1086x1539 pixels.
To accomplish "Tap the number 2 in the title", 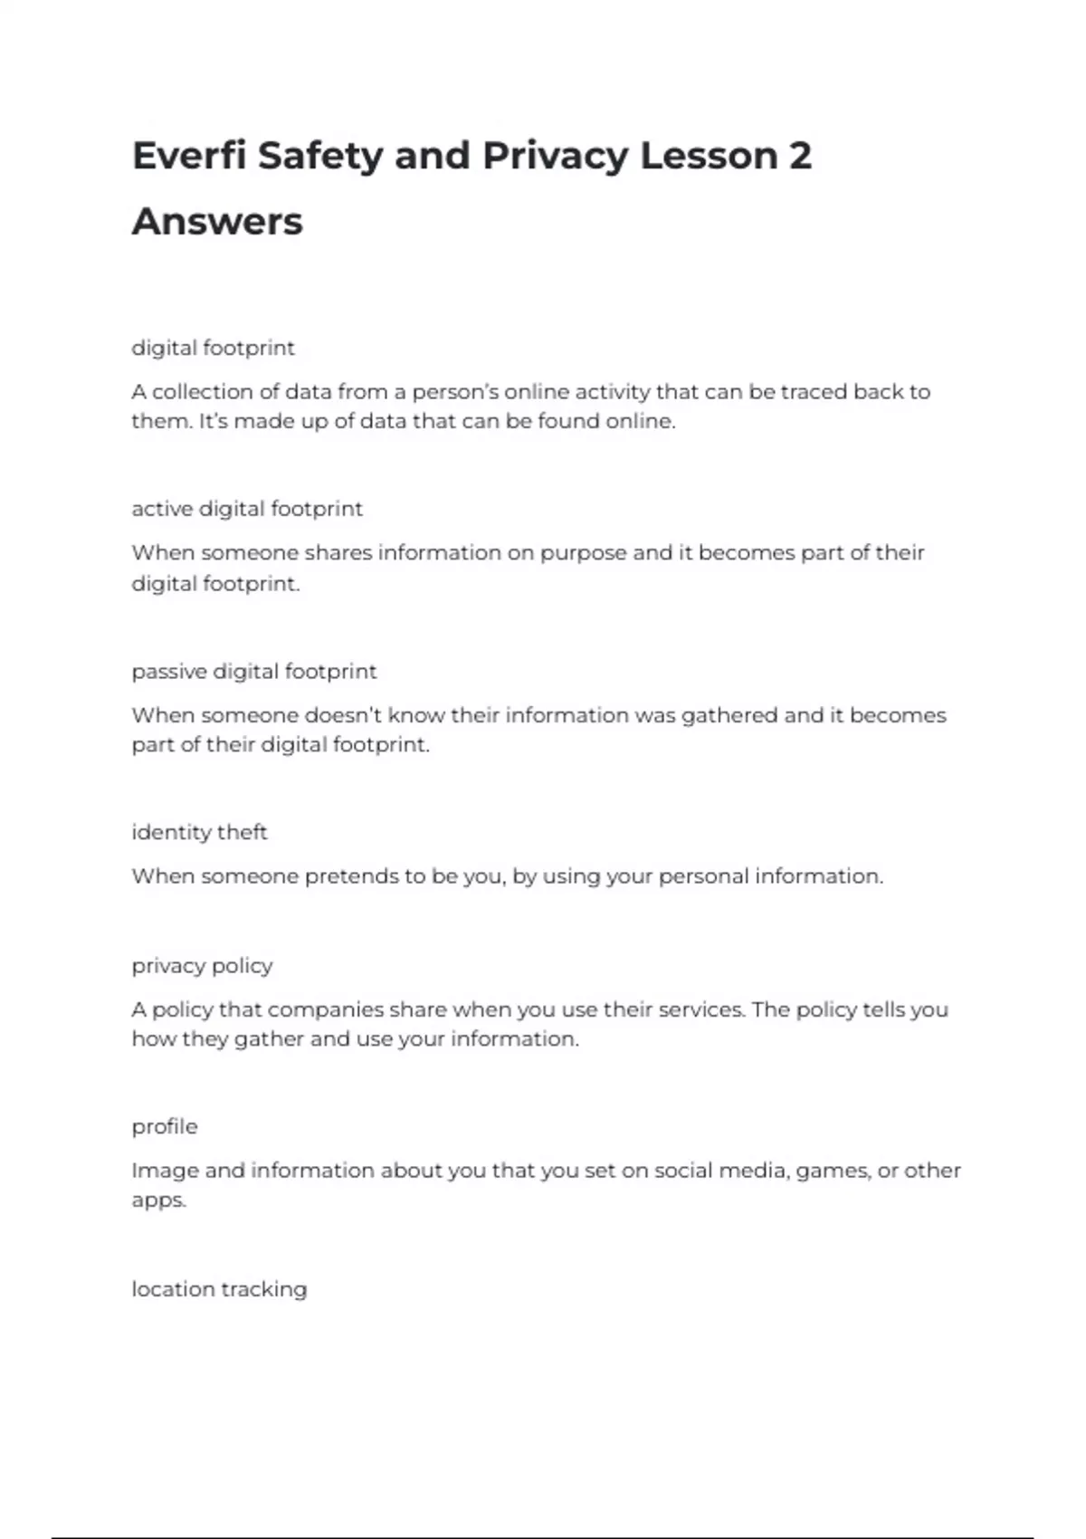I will (x=800, y=156).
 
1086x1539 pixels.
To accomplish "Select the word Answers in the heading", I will (x=217, y=222).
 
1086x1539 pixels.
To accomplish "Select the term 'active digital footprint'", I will (x=247, y=509).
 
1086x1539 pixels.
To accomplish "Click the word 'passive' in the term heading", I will (x=169, y=672).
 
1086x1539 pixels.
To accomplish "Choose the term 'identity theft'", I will (x=199, y=832).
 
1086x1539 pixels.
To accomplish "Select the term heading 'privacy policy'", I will (x=202, y=966).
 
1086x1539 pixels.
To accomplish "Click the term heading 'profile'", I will (x=164, y=1127).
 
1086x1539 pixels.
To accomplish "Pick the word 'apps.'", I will (x=158, y=1200).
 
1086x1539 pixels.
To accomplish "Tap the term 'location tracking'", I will (x=219, y=1289).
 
